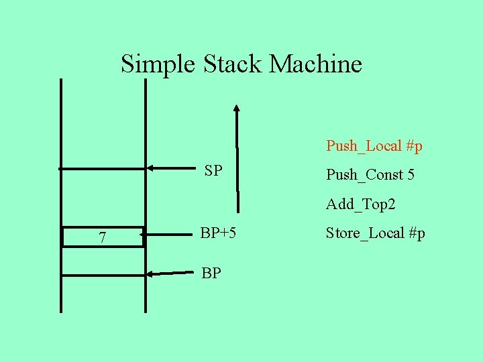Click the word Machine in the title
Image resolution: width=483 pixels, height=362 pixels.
(x=315, y=64)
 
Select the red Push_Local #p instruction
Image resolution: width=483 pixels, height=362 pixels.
(x=374, y=145)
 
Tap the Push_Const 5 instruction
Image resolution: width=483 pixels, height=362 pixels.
(x=370, y=175)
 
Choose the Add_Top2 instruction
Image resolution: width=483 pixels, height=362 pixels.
(x=360, y=204)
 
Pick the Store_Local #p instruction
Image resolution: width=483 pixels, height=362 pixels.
(x=375, y=233)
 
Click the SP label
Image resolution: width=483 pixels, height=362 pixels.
(x=213, y=170)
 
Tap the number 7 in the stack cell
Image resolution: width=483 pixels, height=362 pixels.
(x=102, y=237)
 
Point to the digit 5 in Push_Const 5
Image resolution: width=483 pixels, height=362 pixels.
(x=411, y=175)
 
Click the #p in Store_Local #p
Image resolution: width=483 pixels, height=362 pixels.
(x=417, y=233)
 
